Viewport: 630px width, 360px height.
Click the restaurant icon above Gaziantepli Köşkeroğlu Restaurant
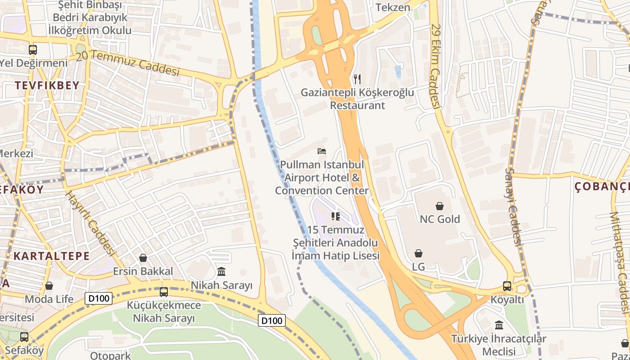(357, 79)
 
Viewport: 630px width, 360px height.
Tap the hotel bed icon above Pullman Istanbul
(322, 151)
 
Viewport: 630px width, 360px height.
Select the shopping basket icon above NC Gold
(440, 206)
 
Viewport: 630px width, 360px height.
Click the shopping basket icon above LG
(418, 253)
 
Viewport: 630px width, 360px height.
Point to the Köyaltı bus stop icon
(507, 286)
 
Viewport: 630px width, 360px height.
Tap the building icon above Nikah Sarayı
(221, 272)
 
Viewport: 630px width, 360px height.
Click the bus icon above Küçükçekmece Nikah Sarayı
(164, 292)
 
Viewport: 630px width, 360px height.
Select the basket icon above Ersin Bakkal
(143, 258)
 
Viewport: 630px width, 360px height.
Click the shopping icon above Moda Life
(49, 286)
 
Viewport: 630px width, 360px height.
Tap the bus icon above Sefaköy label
(24, 337)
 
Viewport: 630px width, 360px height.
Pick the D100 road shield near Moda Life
(98, 298)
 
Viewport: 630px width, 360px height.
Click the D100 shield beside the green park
(272, 320)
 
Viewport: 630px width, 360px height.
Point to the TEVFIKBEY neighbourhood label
(47, 85)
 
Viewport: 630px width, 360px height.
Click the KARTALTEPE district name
(51, 256)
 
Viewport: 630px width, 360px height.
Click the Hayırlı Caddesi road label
(90, 228)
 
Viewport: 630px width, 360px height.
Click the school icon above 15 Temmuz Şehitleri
(335, 217)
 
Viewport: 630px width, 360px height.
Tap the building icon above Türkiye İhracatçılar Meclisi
(499, 325)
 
